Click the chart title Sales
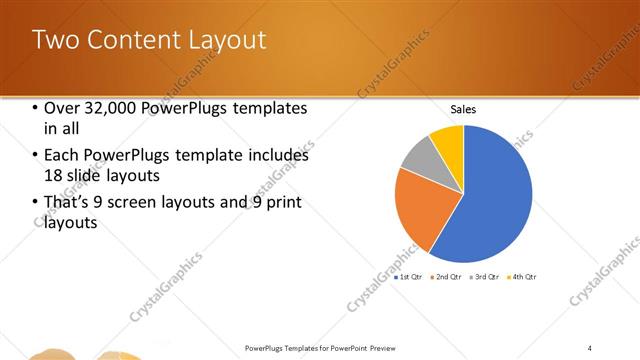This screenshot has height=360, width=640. (x=463, y=109)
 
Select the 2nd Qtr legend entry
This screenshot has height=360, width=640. (x=446, y=276)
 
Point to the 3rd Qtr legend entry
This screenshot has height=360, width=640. (x=484, y=276)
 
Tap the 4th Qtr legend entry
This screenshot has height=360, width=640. (x=522, y=276)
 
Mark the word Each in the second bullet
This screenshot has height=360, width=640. (x=61, y=156)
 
